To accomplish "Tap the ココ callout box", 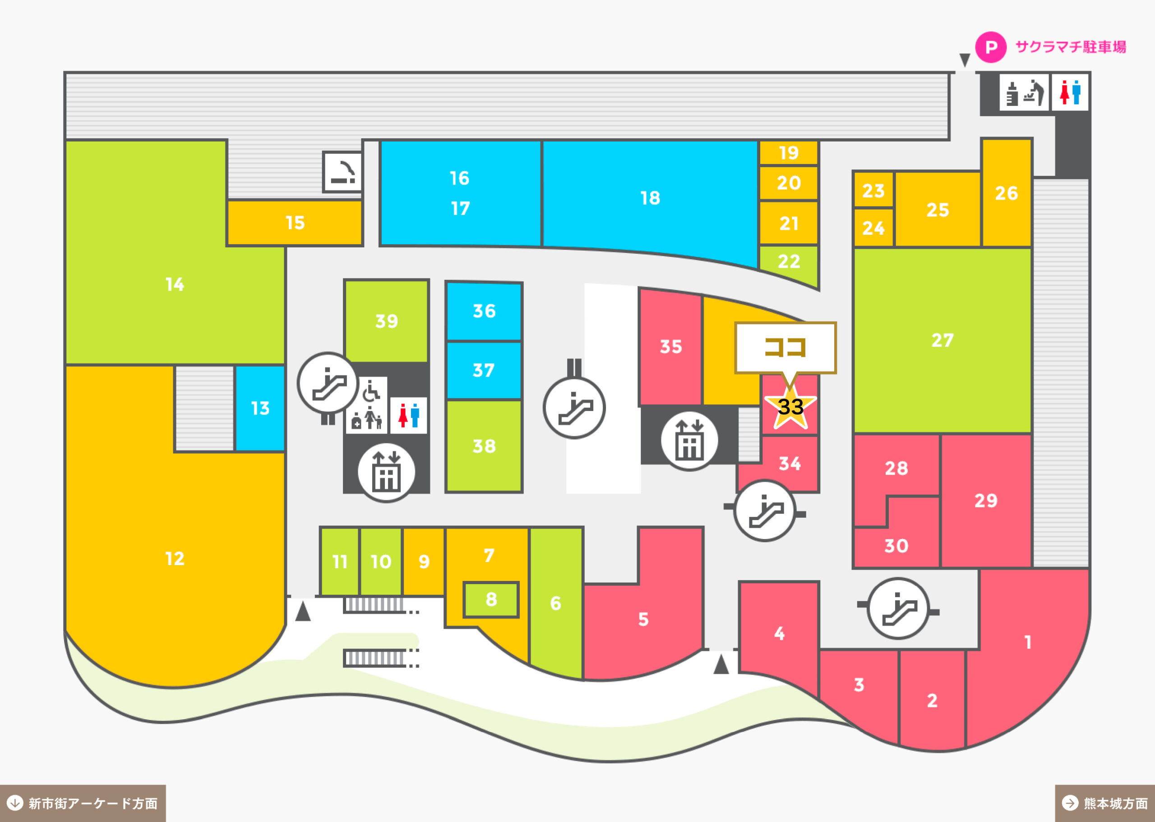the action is pos(785,348).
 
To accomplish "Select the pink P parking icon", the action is pos(991,47).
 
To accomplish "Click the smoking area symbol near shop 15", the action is pos(343,172).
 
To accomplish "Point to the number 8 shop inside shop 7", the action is pos(491,600).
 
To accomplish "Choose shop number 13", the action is pos(260,408).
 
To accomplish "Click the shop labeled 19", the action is pos(788,152).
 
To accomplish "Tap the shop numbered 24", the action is pos(873,228).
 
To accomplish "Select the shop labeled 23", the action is pos(873,190).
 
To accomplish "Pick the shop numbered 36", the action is pos(484,311).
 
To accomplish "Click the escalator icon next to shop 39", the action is pos(328,383).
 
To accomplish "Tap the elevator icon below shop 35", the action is pos(689,441).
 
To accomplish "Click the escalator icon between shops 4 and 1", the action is pos(898,608).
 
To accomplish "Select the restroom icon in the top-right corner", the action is pos(1070,92).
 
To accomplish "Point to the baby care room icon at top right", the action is pos(1024,92).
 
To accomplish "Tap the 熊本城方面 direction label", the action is pos(1105,803).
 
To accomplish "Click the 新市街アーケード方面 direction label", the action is pos(83,803).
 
